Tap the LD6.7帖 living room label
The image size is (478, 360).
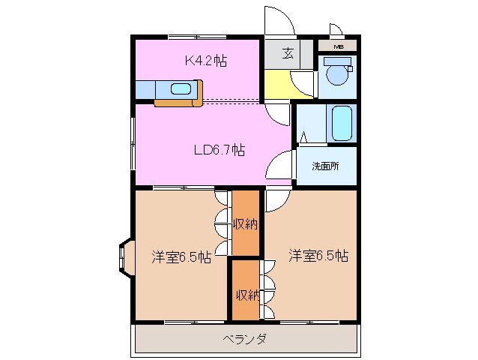[x=219, y=149]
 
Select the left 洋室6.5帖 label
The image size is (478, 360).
[x=181, y=256]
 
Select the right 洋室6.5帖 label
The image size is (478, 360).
[x=318, y=256]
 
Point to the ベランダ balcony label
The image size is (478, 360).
[x=246, y=339]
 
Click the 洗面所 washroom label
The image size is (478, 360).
[x=325, y=166]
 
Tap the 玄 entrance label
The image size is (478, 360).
[x=288, y=52]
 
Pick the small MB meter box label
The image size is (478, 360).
[x=339, y=47]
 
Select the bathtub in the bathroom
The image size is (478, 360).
[x=342, y=122]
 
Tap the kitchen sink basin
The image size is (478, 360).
[x=181, y=89]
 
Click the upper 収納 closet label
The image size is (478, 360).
[x=245, y=223]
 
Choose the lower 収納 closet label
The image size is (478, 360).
[x=245, y=294]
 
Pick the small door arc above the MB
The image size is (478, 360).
[x=336, y=30]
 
